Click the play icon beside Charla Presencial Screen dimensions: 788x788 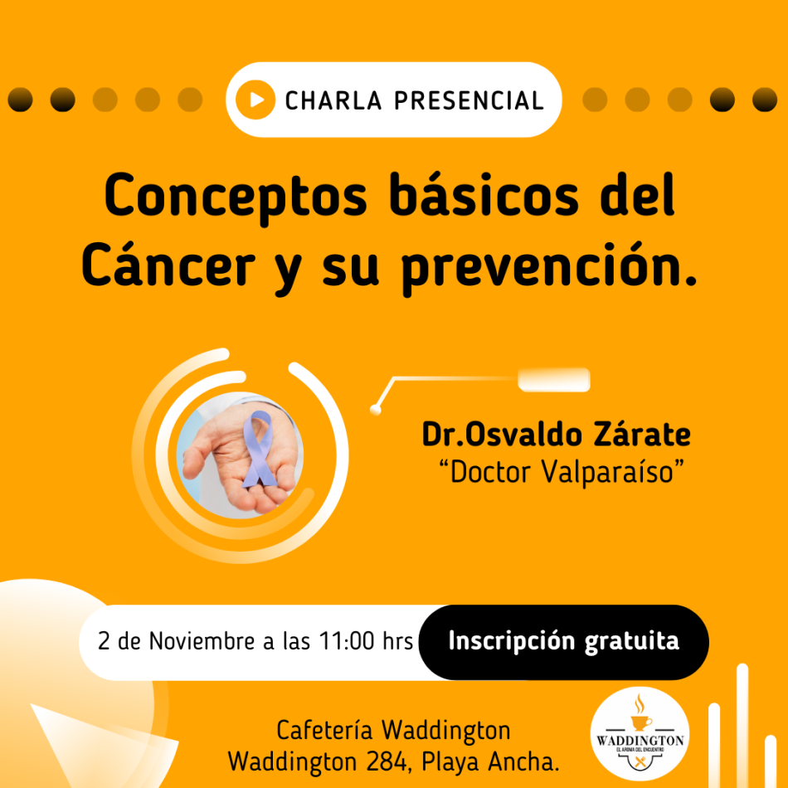click(x=255, y=100)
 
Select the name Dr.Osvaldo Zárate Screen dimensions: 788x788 click(x=556, y=435)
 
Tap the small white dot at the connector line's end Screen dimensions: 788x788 click(x=377, y=409)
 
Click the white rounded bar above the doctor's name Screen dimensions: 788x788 click(x=553, y=380)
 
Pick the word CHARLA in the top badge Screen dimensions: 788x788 click(x=335, y=100)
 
